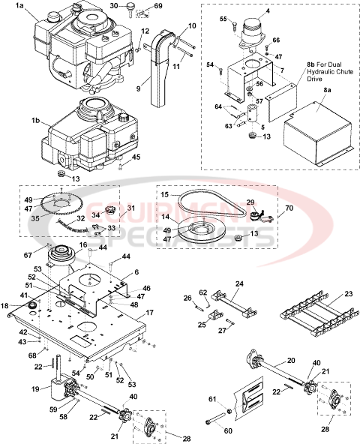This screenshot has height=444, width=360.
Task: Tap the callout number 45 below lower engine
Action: (x=136, y=157)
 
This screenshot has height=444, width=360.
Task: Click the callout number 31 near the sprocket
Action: (x=131, y=208)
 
